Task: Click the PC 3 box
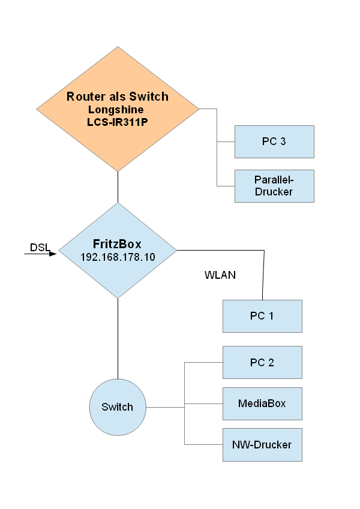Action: [x=274, y=141]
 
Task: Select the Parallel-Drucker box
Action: [x=274, y=186]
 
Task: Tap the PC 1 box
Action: [x=262, y=316]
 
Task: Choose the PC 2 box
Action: [x=262, y=362]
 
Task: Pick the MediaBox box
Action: [x=262, y=403]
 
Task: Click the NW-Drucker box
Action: [x=262, y=445]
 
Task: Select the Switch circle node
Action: [x=117, y=407]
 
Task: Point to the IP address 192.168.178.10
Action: [x=118, y=257]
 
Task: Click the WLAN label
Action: [x=220, y=276]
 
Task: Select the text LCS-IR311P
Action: [x=118, y=121]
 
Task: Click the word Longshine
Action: [x=118, y=109]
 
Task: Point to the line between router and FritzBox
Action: [x=118, y=186]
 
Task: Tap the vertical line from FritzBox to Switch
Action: [x=118, y=339]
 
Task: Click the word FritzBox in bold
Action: [x=118, y=244]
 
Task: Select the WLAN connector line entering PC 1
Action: [x=263, y=276]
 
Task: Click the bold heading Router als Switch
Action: [x=118, y=97]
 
